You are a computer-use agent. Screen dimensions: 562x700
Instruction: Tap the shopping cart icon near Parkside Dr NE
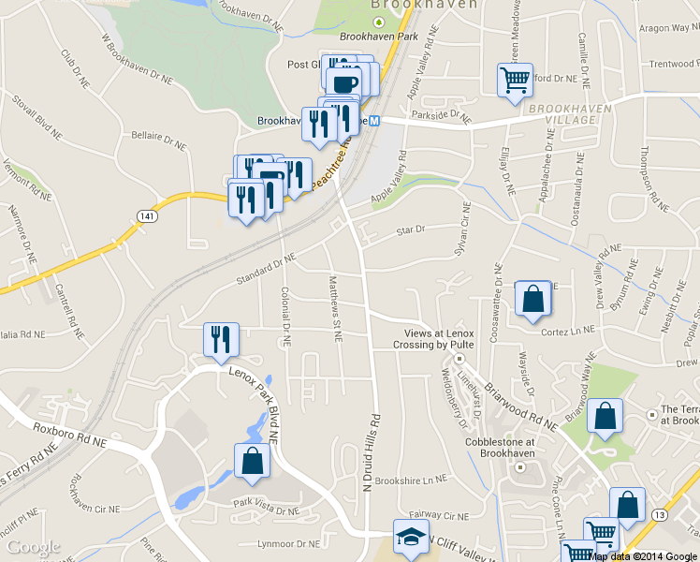(515, 80)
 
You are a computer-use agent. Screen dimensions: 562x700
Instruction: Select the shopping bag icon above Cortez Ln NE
(532, 300)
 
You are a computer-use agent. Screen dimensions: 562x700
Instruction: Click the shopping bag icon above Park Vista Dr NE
(252, 461)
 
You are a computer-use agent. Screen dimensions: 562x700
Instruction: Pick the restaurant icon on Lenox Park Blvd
(221, 340)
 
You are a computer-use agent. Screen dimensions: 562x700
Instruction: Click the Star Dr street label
(410, 229)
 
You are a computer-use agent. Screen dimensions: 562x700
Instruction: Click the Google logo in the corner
(33, 547)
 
